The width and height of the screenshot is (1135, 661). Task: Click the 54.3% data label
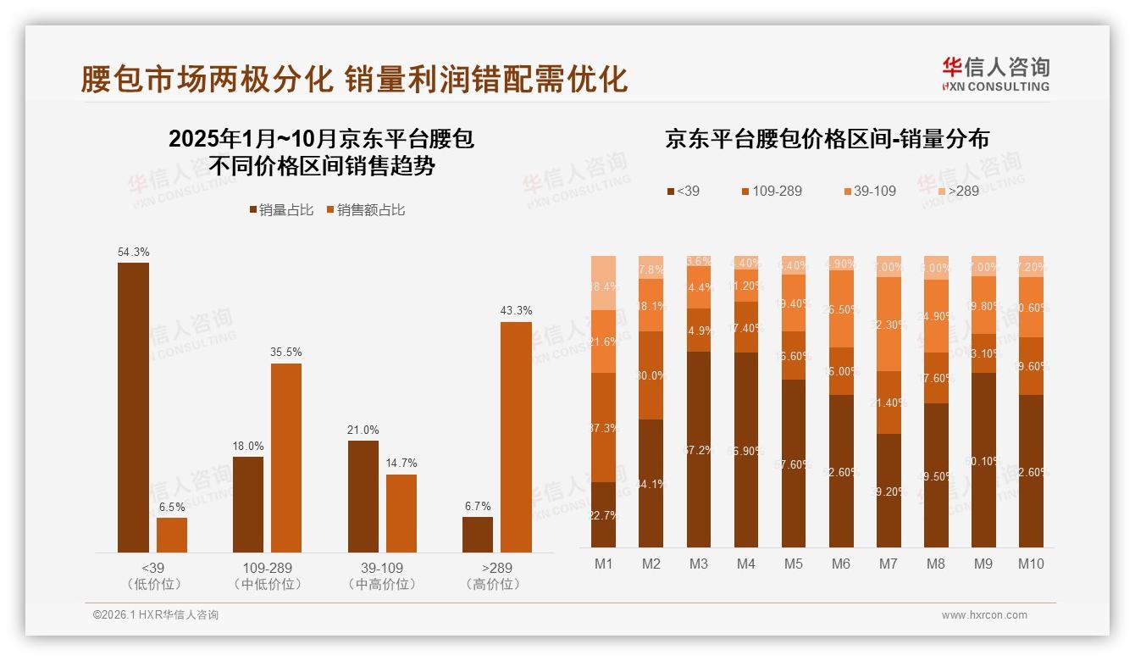(133, 252)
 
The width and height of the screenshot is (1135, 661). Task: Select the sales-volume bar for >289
(477, 535)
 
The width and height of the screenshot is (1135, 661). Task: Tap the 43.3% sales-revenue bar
(516, 437)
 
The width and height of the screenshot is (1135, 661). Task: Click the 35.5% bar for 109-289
(286, 458)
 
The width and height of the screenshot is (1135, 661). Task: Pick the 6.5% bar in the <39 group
(172, 535)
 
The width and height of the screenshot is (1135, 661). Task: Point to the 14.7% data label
(401, 464)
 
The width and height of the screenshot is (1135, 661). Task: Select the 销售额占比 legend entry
(365, 210)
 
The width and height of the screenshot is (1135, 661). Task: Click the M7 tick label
(888, 564)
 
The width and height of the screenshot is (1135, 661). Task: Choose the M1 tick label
(603, 564)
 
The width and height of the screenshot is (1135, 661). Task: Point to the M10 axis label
(1030, 564)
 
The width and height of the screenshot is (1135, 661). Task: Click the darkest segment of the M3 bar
(698, 449)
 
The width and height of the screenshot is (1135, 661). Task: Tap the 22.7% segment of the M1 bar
(603, 514)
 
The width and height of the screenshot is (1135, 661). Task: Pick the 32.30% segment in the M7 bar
(888, 324)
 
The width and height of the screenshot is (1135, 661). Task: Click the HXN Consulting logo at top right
(995, 75)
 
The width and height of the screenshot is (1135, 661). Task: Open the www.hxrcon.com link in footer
(983, 615)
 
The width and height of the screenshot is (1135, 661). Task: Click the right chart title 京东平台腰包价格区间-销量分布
(827, 139)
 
